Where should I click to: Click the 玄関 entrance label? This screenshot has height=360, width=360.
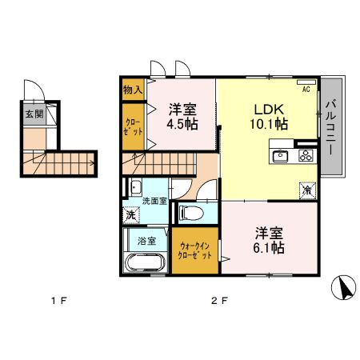pyautogui.click(x=34, y=114)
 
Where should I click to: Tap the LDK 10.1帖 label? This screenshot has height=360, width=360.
pyautogui.click(x=269, y=117)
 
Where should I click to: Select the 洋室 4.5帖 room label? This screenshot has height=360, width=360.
pyautogui.click(x=182, y=117)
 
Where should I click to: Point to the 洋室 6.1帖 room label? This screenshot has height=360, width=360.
pyautogui.click(x=269, y=240)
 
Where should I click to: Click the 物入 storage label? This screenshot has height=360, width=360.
pyautogui.click(x=133, y=90)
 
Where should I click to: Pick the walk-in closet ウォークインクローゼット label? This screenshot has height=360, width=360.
pyautogui.click(x=194, y=250)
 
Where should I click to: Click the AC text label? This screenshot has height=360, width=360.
pyautogui.click(x=306, y=90)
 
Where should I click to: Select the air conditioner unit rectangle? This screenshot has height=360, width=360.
pyautogui.click(x=306, y=82)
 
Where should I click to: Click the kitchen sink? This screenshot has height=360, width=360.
pyautogui.click(x=280, y=156)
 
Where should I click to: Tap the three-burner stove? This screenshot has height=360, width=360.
pyautogui.click(x=306, y=155)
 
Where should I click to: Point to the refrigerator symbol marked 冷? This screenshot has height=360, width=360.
pyautogui.click(x=308, y=190)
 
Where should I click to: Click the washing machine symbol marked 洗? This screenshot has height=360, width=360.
pyautogui.click(x=131, y=215)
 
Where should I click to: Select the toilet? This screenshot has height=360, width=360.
pyautogui.click(x=191, y=213)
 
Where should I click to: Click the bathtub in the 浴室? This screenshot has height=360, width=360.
pyautogui.click(x=146, y=262)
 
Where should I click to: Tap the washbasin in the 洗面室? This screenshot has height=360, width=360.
pyautogui.click(x=136, y=187)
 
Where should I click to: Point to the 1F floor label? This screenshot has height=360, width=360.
pyautogui.click(x=59, y=301)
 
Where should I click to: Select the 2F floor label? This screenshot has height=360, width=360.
pyautogui.click(x=219, y=301)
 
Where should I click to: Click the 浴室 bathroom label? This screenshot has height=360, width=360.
pyautogui.click(x=147, y=241)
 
